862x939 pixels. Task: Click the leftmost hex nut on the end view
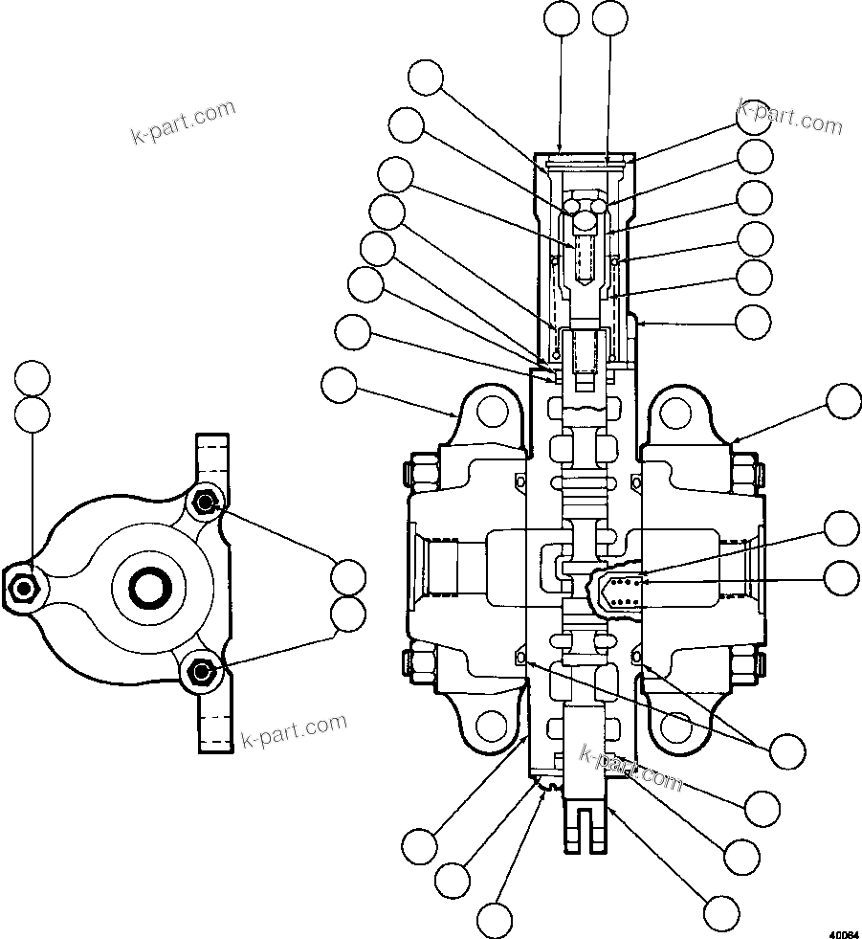point(21,586)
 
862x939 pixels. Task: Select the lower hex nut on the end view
point(200,672)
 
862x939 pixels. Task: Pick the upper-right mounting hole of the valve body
point(675,413)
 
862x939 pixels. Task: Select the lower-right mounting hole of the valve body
point(675,727)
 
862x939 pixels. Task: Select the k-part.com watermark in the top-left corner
point(183,122)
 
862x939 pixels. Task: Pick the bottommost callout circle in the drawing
point(496,920)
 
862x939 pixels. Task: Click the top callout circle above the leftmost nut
point(33,379)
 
